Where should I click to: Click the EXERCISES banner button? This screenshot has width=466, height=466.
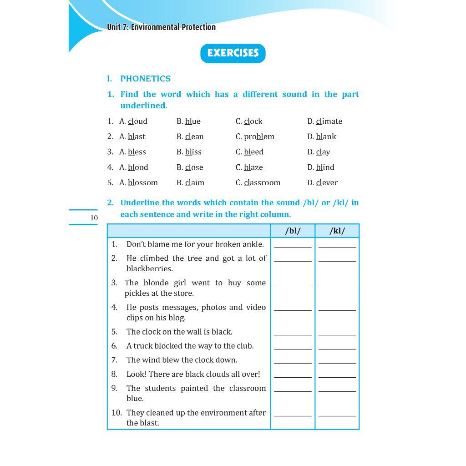233,53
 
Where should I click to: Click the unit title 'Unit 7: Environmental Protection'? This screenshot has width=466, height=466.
161,27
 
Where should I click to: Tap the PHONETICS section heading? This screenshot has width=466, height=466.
145,79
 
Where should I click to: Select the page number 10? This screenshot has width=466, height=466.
94,218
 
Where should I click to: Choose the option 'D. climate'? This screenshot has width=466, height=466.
324,122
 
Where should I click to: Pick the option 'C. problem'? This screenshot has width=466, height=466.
255,137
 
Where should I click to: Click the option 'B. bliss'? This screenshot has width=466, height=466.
189,152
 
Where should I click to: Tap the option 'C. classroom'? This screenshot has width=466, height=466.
258,183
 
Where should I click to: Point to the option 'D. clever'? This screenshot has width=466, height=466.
322,183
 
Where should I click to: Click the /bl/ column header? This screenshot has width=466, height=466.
293,231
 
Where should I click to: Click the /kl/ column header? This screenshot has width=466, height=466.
337,231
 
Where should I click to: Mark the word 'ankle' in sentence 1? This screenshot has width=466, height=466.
253,244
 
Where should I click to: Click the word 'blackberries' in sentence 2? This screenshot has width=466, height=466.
149,268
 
